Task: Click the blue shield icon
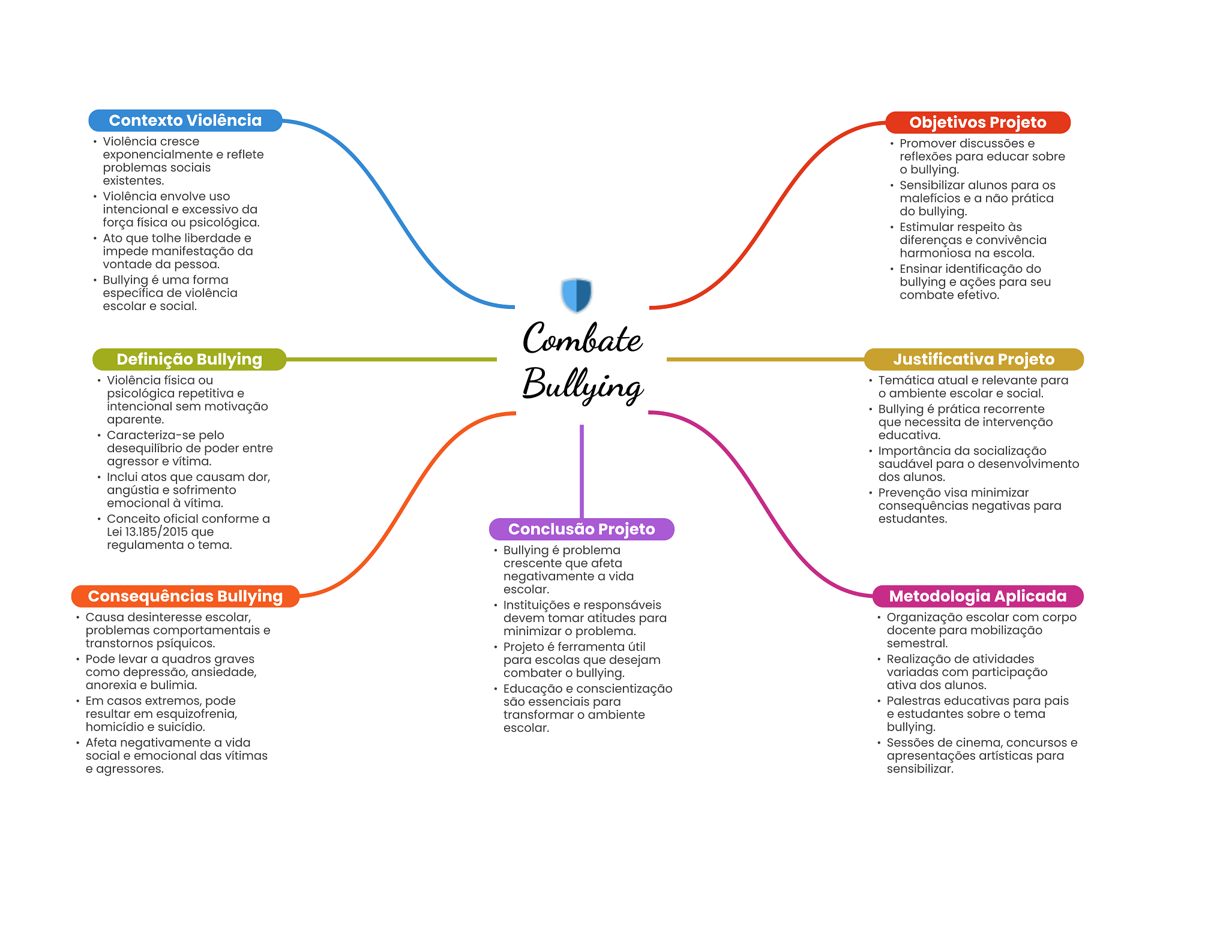click(576, 295)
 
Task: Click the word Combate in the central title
click(582, 338)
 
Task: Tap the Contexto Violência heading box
click(185, 121)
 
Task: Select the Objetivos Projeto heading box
click(978, 122)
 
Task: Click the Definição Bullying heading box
click(189, 359)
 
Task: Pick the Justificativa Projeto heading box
click(973, 359)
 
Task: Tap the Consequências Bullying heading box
click(185, 596)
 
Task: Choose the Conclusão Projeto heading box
click(581, 529)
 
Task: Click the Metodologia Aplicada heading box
click(978, 596)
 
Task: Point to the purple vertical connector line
click(581, 471)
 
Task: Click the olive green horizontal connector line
click(391, 359)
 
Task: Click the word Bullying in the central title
click(583, 385)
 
